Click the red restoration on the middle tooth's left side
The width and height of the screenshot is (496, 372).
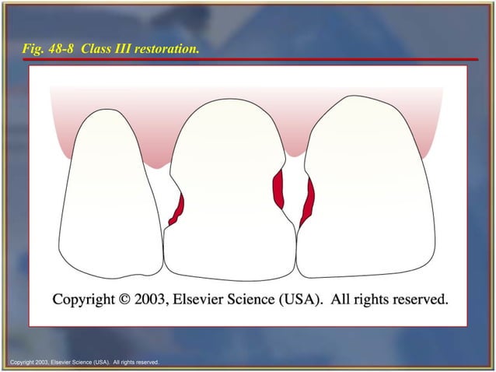point(177,209)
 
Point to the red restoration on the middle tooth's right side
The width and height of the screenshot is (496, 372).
point(278,189)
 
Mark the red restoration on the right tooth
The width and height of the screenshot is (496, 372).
point(307,201)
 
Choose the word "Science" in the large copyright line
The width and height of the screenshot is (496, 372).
point(257,300)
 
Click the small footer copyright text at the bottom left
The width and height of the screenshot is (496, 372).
point(84,362)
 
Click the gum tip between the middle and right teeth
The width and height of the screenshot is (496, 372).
point(293,153)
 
